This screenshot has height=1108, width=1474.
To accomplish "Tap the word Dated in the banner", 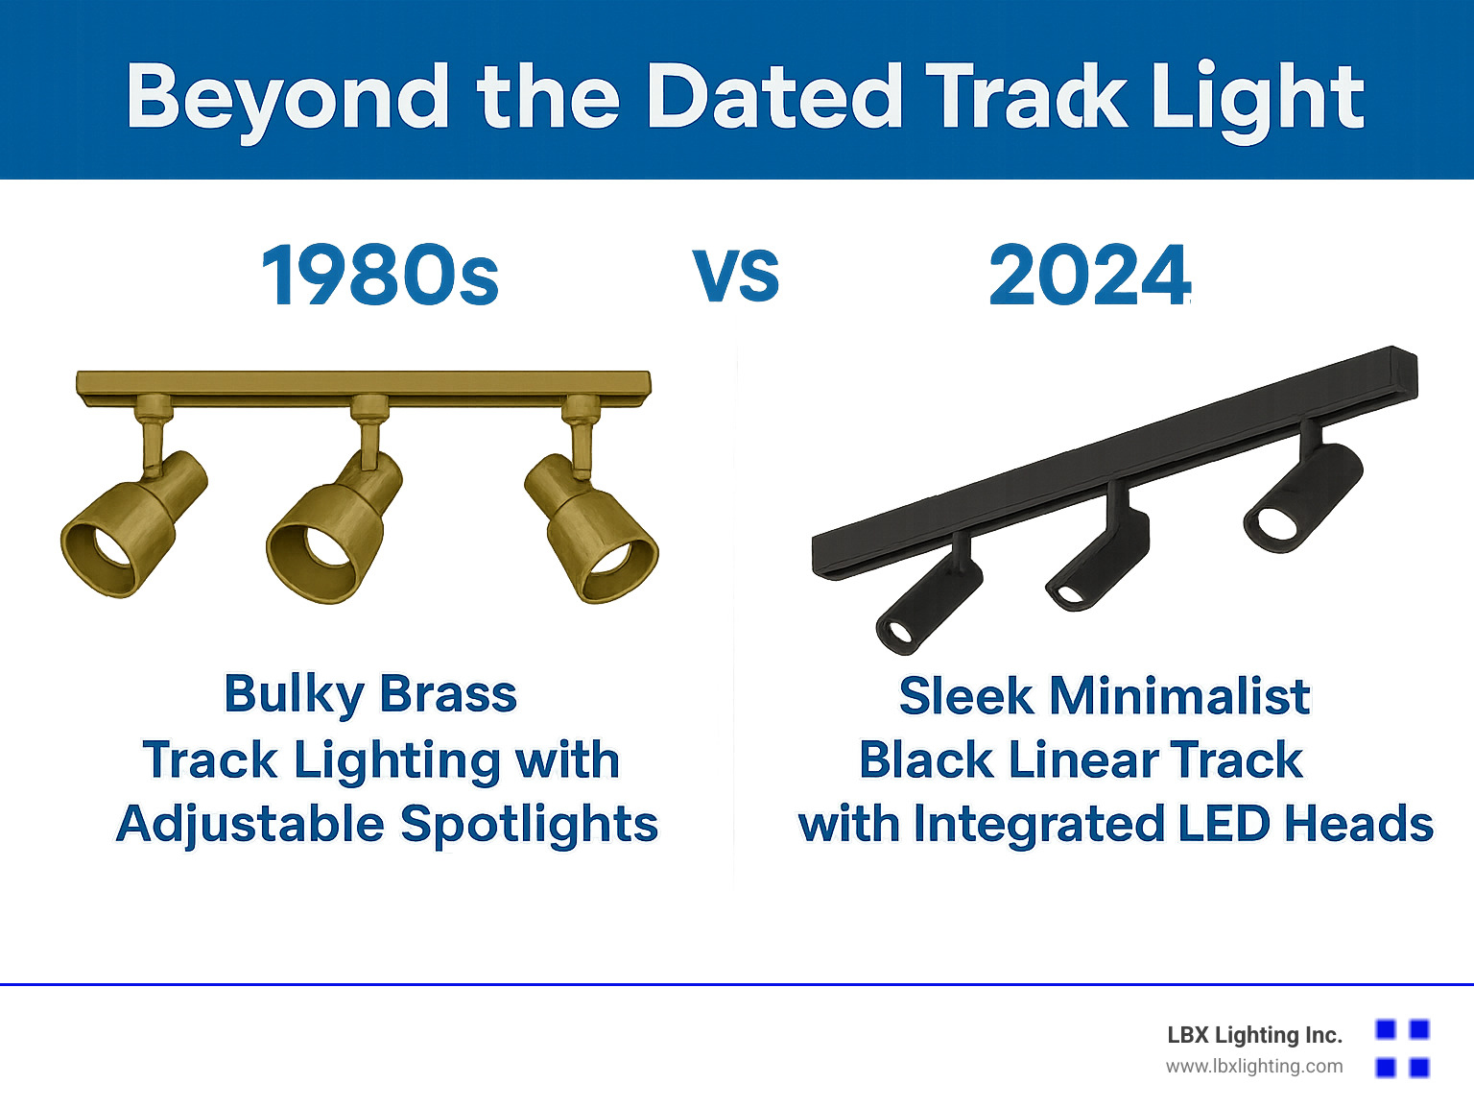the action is pos(773,95).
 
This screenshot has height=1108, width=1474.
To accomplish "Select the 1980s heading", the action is pos(380,276).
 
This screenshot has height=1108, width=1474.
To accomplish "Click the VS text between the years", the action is pos(736,276).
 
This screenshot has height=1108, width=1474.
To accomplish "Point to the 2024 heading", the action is pos(1089,276).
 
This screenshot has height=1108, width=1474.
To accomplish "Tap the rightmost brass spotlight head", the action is pos(591,527).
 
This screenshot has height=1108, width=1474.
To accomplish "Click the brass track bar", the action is pos(364,388).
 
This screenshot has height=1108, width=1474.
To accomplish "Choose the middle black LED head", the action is pos(1099,561).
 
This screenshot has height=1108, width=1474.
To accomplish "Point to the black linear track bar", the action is pos(1115,464).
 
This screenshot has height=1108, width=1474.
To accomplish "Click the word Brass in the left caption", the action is pos(448,693).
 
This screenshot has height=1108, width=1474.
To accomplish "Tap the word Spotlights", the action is pos(529,825).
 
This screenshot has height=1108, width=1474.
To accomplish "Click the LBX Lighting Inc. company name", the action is pos(1254,1035).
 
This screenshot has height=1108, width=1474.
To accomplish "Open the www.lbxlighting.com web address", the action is pos(1254,1067).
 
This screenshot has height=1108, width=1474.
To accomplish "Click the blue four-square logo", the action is pos(1403,1048).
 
